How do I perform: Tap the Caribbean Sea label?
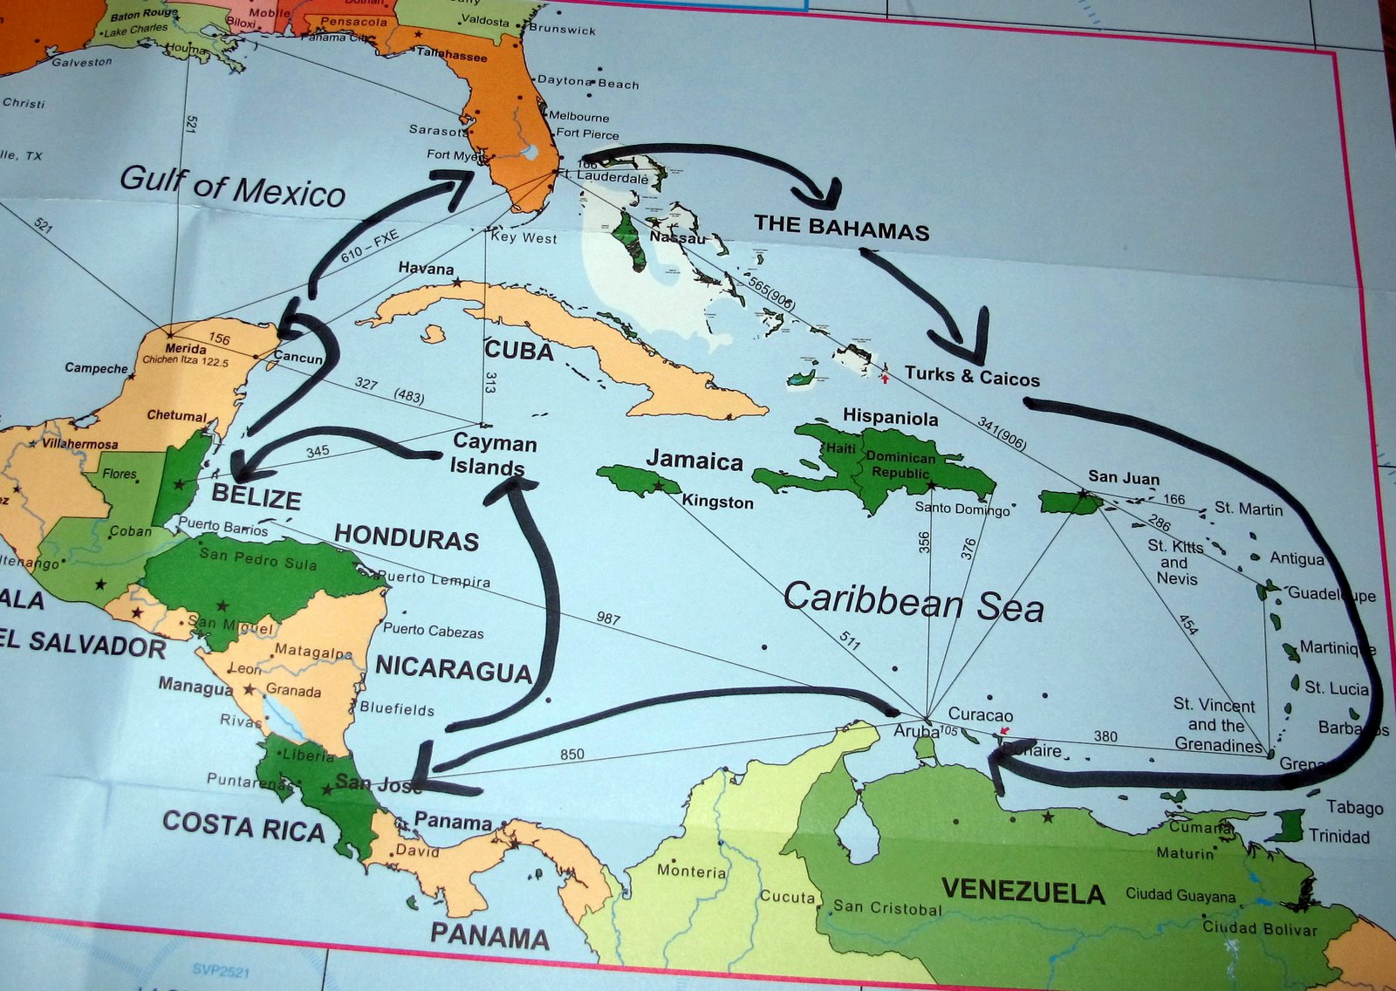(x=913, y=603)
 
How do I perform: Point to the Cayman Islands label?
(x=493, y=454)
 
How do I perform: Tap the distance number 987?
(x=608, y=619)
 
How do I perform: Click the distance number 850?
(x=571, y=755)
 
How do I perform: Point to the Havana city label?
(x=426, y=269)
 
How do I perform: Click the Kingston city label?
(x=717, y=502)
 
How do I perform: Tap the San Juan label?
(x=1124, y=477)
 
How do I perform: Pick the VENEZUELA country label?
(x=1023, y=891)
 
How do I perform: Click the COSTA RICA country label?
(x=243, y=825)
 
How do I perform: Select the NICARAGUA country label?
(x=453, y=668)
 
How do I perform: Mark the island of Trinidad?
(x=1284, y=825)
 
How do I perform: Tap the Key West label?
(x=523, y=237)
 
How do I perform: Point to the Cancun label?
(x=298, y=358)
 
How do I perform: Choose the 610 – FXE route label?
(x=369, y=247)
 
